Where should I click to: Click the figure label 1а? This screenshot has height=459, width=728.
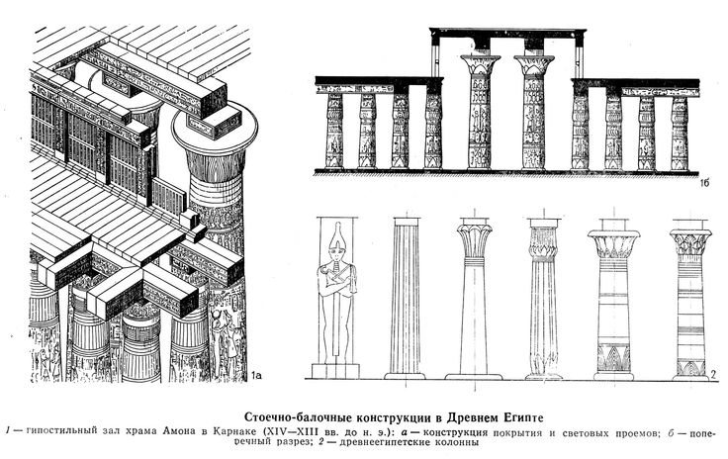(x=255, y=375)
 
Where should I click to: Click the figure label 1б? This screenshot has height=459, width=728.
(x=704, y=183)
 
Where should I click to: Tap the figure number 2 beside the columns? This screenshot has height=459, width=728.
(x=714, y=375)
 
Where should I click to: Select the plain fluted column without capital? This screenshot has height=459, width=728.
(x=405, y=296)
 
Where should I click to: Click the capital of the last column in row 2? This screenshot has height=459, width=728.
(x=690, y=240)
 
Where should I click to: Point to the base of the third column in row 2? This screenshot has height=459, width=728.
(x=474, y=376)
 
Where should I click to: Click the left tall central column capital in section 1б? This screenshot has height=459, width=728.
(x=480, y=64)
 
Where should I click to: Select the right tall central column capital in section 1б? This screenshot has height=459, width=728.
(x=534, y=64)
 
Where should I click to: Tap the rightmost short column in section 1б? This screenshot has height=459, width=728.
(x=680, y=133)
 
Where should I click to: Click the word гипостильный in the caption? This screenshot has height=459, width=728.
(x=62, y=431)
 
